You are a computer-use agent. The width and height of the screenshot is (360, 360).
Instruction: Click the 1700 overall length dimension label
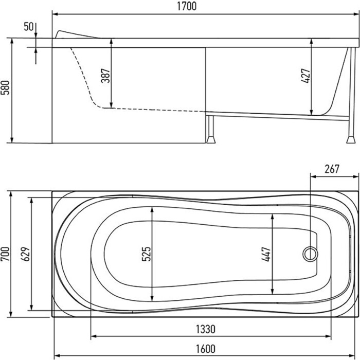click(x=187, y=6)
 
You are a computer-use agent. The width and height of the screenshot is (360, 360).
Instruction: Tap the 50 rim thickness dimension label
click(x=29, y=27)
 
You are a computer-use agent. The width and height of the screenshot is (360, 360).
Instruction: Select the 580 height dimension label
click(x=5, y=87)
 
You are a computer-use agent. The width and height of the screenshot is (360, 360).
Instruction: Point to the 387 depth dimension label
click(x=105, y=76)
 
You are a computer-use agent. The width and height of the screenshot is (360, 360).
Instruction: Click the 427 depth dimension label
click(x=306, y=76)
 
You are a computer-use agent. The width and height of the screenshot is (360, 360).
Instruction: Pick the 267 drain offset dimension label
click(x=332, y=169)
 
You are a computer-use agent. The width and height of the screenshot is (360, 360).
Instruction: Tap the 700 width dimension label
click(x=5, y=254)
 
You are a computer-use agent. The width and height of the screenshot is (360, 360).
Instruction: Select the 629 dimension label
click(x=26, y=254)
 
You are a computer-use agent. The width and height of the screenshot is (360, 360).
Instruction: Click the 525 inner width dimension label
click(x=146, y=254)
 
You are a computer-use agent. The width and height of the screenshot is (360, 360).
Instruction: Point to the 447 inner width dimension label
click(x=266, y=254)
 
